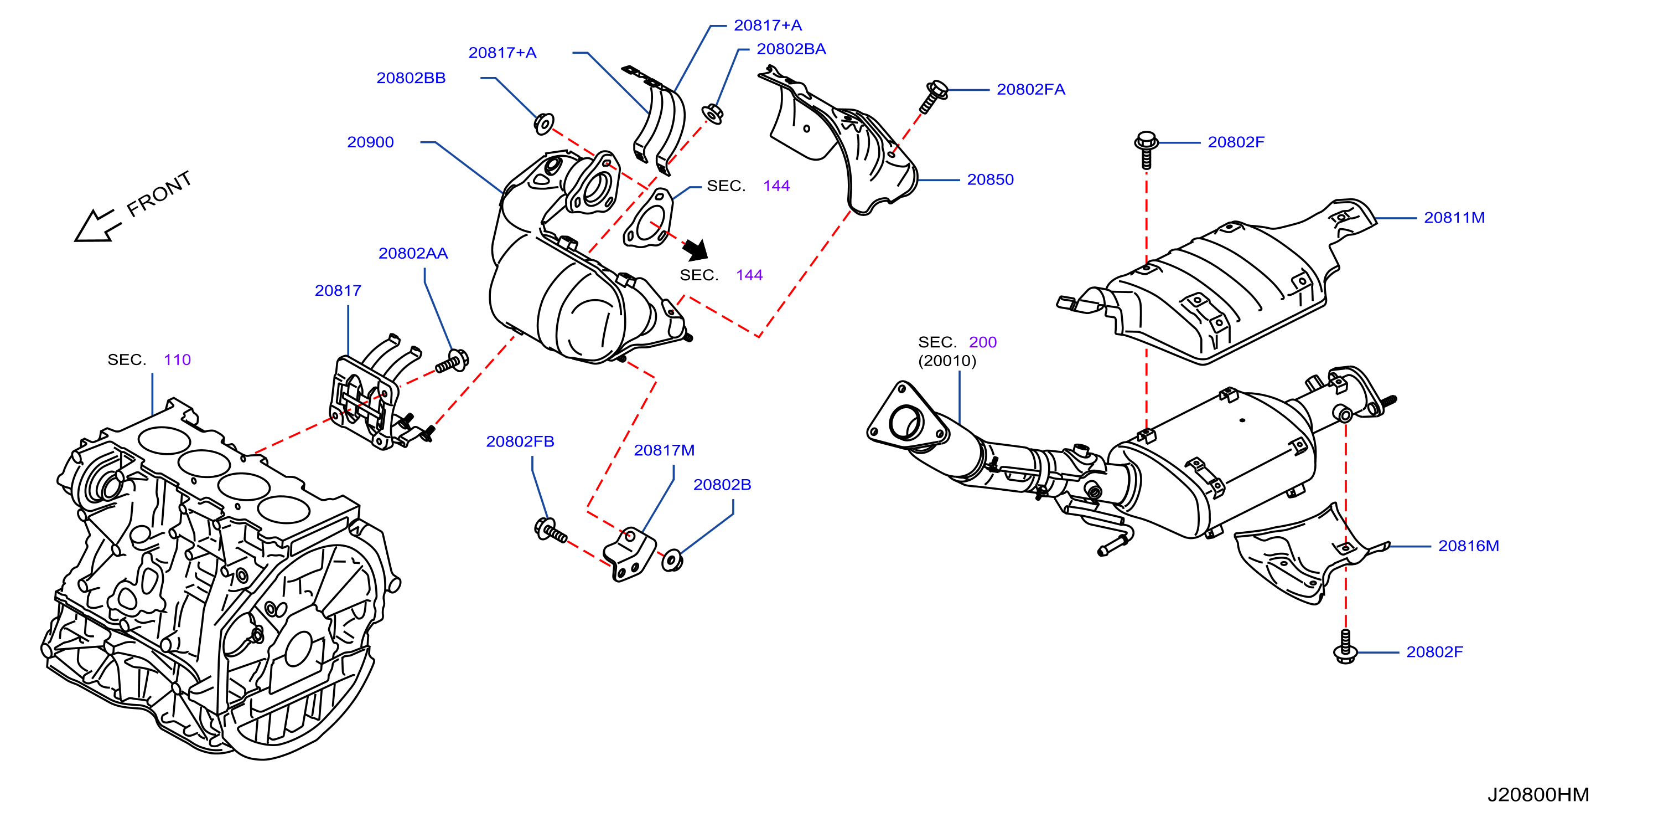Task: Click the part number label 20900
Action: click(370, 142)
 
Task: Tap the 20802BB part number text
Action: click(411, 78)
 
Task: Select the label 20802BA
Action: click(791, 49)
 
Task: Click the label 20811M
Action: click(1454, 218)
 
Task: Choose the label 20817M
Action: click(664, 450)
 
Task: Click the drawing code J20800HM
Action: click(1538, 794)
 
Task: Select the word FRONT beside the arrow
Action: click(159, 193)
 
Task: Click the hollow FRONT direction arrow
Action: click(97, 226)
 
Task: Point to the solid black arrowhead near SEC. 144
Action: click(696, 249)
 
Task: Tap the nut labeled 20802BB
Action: click(544, 124)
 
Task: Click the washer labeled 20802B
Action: click(672, 559)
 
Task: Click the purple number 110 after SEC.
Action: click(177, 359)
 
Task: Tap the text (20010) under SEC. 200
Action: click(947, 361)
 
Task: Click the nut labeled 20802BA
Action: click(712, 114)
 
